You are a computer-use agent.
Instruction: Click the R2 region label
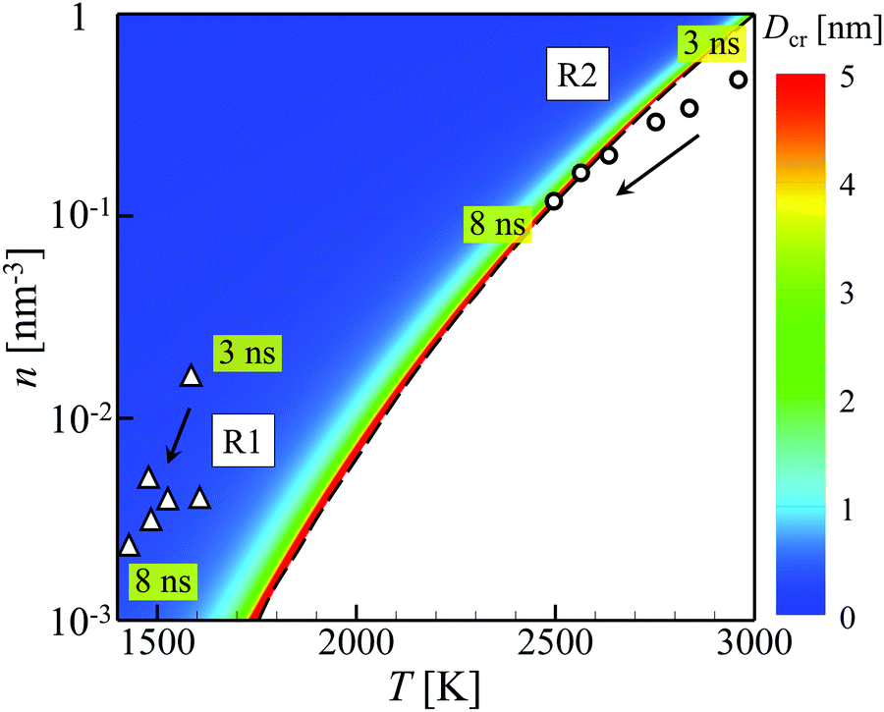pyautogui.click(x=578, y=77)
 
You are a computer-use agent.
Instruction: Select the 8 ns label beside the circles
pyautogui.click(x=497, y=226)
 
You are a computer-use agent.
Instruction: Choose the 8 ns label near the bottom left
pyautogui.click(x=163, y=581)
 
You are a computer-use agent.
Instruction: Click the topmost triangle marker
pyautogui.click(x=192, y=375)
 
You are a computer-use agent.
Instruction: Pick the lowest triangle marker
pyautogui.click(x=129, y=545)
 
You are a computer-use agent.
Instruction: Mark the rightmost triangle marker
pyautogui.click(x=200, y=498)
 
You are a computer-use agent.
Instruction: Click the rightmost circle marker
pyautogui.click(x=739, y=80)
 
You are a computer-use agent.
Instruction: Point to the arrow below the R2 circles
pyautogui.click(x=656, y=165)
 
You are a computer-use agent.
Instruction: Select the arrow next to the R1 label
pyautogui.click(x=178, y=434)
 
